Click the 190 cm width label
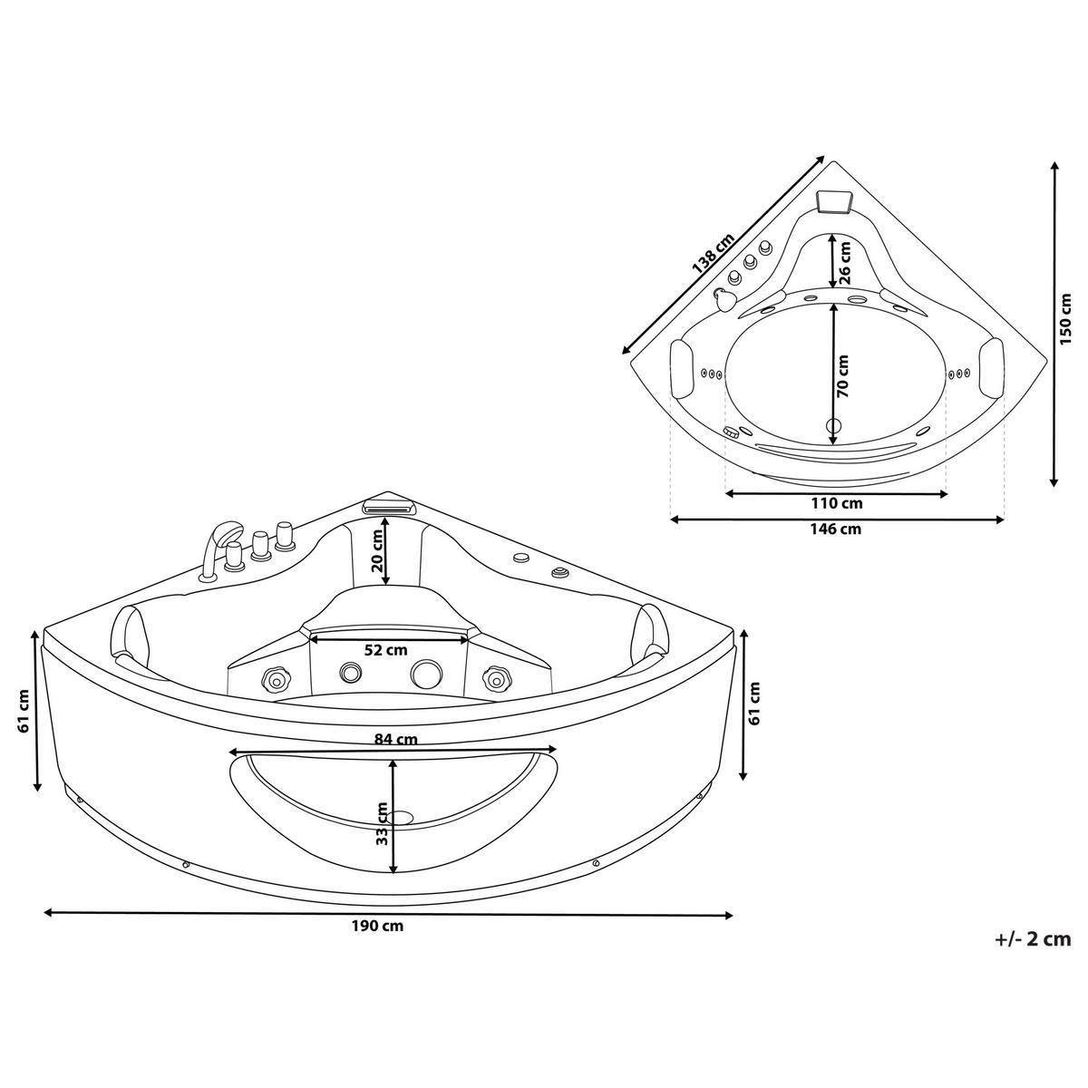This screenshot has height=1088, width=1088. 380,926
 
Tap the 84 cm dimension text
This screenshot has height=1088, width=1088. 395,738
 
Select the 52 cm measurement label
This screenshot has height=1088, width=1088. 385,649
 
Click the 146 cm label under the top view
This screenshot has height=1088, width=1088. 837,529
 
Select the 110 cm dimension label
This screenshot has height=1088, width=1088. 837,503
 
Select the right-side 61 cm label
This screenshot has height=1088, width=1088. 755,704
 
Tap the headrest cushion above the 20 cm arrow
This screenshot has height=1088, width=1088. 388,504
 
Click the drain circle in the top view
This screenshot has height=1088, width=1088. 834,425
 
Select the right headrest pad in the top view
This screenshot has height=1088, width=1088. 992,367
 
